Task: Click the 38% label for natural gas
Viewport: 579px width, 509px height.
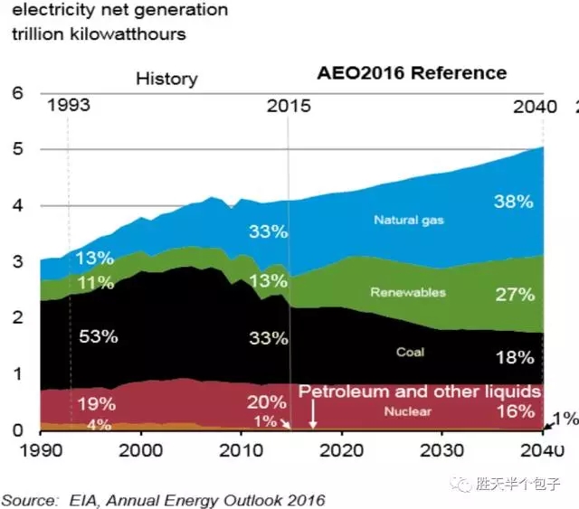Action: point(513,203)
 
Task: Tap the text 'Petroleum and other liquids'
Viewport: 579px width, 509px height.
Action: point(420,391)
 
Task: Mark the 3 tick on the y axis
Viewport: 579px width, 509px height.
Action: point(15,262)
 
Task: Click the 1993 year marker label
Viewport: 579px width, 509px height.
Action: point(69,106)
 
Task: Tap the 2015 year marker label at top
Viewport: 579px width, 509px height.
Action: point(289,106)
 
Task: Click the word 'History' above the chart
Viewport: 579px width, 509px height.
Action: point(166,79)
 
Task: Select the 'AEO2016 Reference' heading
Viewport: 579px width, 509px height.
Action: point(411,73)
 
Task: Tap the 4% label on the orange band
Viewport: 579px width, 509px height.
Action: point(100,424)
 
